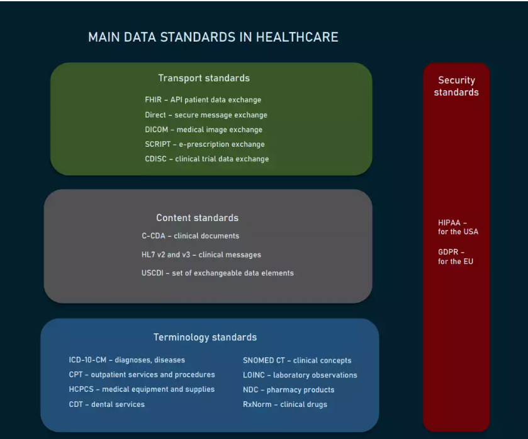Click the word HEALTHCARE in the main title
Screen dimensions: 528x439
(297, 37)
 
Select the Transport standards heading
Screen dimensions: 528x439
(204, 78)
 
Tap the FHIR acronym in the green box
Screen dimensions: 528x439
(153, 100)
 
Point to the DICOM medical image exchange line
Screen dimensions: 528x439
(203, 129)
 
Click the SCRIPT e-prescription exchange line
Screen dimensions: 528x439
(205, 144)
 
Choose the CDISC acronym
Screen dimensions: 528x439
(155, 159)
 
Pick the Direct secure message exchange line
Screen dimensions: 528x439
(206, 115)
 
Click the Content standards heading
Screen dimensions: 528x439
(198, 218)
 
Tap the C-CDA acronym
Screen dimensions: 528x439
(154, 236)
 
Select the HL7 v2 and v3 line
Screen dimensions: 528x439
(201, 254)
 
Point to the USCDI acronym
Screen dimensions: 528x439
(152, 273)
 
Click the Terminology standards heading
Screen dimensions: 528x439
(205, 337)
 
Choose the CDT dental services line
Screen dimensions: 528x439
(107, 404)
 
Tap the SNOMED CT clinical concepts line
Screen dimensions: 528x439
(297, 360)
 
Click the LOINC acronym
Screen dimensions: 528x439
(254, 375)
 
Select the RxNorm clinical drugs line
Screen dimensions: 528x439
(285, 404)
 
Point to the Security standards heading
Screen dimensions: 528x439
(456, 86)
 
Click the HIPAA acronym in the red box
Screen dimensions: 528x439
(449, 223)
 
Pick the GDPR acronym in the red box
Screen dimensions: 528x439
(448, 252)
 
